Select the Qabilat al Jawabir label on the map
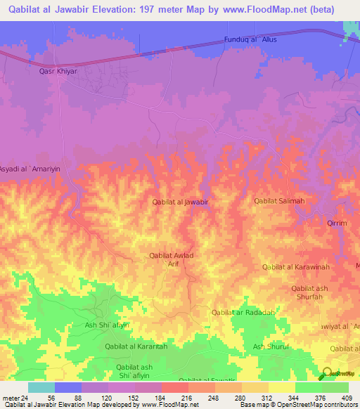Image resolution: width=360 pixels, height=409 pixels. pyautogui.click(x=181, y=202)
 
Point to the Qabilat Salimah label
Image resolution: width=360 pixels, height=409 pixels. pyautogui.click(x=279, y=201)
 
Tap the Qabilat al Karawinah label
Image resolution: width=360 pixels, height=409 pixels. pyautogui.click(x=295, y=267)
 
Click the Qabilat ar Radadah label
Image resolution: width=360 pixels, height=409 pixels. pyautogui.click(x=243, y=312)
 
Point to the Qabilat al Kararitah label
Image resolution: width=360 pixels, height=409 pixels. pyautogui.click(x=136, y=346)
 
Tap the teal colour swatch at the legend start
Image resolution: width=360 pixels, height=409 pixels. pyautogui.click(x=41, y=387)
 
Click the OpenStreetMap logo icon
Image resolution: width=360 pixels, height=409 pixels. pyautogui.click(x=327, y=375)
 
